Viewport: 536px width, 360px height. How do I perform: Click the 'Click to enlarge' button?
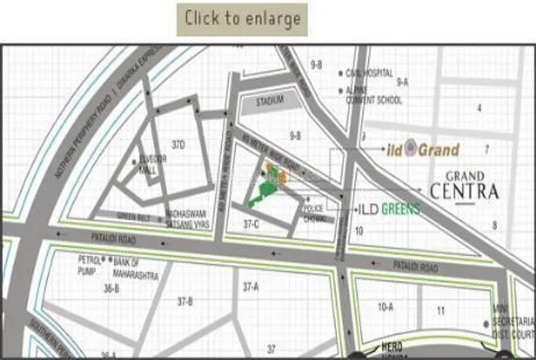point(242,19)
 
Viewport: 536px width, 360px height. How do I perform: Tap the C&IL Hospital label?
point(370,74)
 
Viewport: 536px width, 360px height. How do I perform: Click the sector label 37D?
point(179,145)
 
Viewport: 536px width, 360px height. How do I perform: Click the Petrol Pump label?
point(90,265)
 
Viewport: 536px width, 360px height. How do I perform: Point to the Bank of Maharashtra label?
point(129,265)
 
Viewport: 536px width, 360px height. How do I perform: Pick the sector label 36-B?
point(111,288)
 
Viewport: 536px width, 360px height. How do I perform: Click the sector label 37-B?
point(185,302)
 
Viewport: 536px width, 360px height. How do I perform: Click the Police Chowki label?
point(315,213)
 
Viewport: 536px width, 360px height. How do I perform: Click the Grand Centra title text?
point(464,186)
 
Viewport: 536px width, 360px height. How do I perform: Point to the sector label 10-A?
point(385,306)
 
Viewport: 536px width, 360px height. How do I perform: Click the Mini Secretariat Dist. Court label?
point(511,326)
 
